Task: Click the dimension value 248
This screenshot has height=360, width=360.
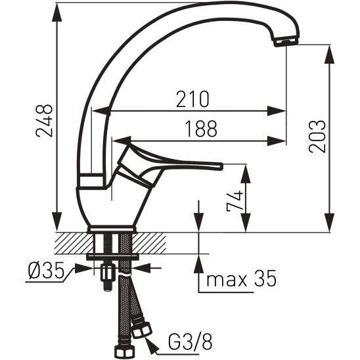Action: point(44,120)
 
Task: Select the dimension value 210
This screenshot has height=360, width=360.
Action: point(192,99)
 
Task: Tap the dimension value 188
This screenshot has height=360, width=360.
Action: point(201,129)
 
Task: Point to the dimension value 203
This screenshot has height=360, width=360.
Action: point(317,137)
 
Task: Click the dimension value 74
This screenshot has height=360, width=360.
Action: point(235,200)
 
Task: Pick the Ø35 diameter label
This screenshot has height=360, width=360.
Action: point(46,270)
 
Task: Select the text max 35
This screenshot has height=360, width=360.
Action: point(241,279)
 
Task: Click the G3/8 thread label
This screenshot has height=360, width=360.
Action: point(191,342)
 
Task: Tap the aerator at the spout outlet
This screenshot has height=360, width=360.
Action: point(285,42)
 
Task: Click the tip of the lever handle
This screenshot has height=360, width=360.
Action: point(222,166)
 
